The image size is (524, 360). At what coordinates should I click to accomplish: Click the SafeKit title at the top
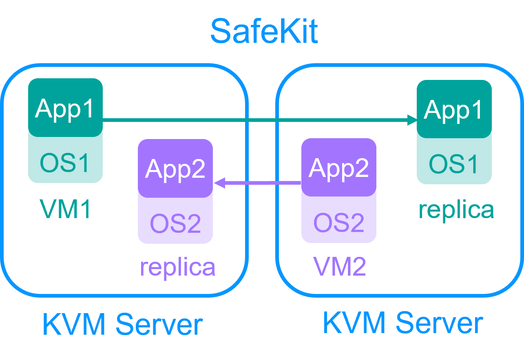pyautogui.click(x=264, y=31)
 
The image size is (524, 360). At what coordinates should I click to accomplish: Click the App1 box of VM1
pyautogui.click(x=65, y=108)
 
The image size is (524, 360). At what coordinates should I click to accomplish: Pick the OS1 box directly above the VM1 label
pyautogui.click(x=65, y=162)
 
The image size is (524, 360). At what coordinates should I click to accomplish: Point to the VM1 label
pyautogui.click(x=65, y=208)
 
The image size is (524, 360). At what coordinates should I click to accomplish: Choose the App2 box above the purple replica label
pyautogui.click(x=175, y=168)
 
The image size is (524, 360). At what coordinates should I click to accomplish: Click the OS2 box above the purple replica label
pyautogui.click(x=175, y=223)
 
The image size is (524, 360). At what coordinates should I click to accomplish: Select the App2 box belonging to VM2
pyautogui.click(x=338, y=167)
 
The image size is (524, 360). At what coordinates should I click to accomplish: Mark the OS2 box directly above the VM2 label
pyautogui.click(x=338, y=222)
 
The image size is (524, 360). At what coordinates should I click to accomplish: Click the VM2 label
pyautogui.click(x=339, y=267)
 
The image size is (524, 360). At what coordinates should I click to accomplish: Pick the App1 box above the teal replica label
pyautogui.click(x=454, y=109)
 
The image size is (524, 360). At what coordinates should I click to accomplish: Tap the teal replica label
pyautogui.click(x=456, y=210)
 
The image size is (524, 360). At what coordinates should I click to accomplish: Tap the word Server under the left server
pyautogui.click(x=159, y=325)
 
